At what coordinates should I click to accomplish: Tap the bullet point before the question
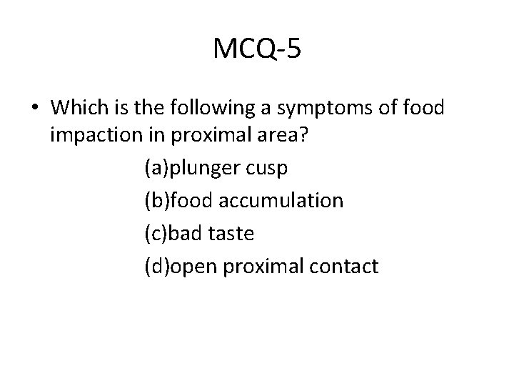click(x=35, y=109)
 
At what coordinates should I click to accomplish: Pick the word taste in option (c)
click(x=233, y=234)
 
